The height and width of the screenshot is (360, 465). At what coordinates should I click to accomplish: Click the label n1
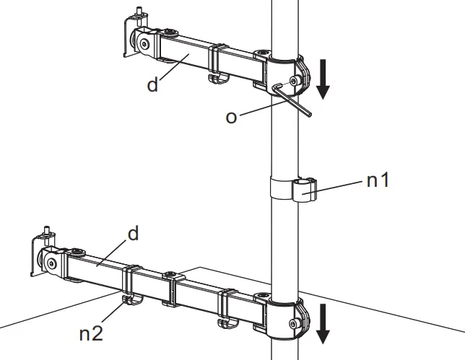[x=378, y=180]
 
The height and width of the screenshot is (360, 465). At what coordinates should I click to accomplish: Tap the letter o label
[x=231, y=116]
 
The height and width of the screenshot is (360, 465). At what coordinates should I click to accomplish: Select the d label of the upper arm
[x=152, y=85]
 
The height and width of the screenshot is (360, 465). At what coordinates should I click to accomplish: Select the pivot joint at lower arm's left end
[x=52, y=264]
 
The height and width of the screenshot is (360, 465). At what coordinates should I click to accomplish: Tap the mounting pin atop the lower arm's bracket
[x=47, y=232]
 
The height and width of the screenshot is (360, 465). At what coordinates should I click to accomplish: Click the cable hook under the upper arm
[x=216, y=76]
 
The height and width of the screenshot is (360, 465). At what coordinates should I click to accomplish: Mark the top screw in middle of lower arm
[x=170, y=276]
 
